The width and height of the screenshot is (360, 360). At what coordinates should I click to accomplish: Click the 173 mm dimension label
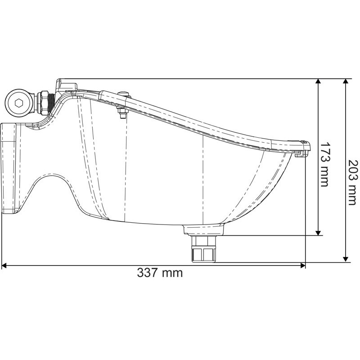(x=324, y=164)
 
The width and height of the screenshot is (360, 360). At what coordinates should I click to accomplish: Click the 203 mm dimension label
(x=352, y=182)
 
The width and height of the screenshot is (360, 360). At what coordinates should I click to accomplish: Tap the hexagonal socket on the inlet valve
(x=19, y=103)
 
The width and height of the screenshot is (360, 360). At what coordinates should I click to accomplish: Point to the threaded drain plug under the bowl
(x=204, y=250)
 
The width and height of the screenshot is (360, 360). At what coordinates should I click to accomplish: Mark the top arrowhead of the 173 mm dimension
(x=319, y=82)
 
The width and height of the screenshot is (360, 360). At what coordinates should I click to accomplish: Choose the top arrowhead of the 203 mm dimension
(x=346, y=82)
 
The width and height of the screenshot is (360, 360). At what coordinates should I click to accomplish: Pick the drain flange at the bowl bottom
(x=204, y=230)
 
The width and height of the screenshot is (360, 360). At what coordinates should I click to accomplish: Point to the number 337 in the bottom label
(x=148, y=273)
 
